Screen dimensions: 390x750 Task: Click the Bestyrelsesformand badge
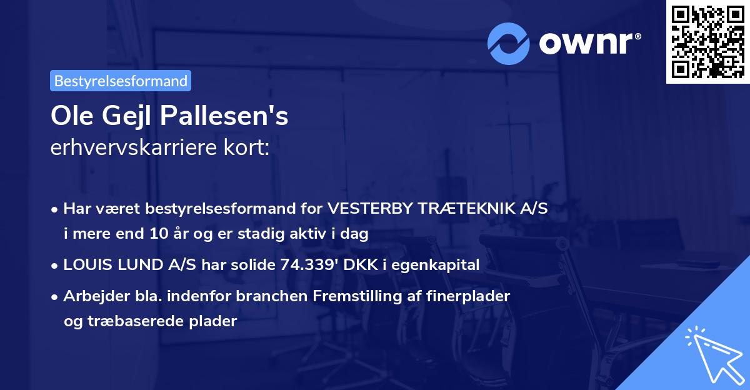120,81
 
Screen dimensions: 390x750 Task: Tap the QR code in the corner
707,42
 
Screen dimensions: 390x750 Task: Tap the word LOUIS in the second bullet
84,265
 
